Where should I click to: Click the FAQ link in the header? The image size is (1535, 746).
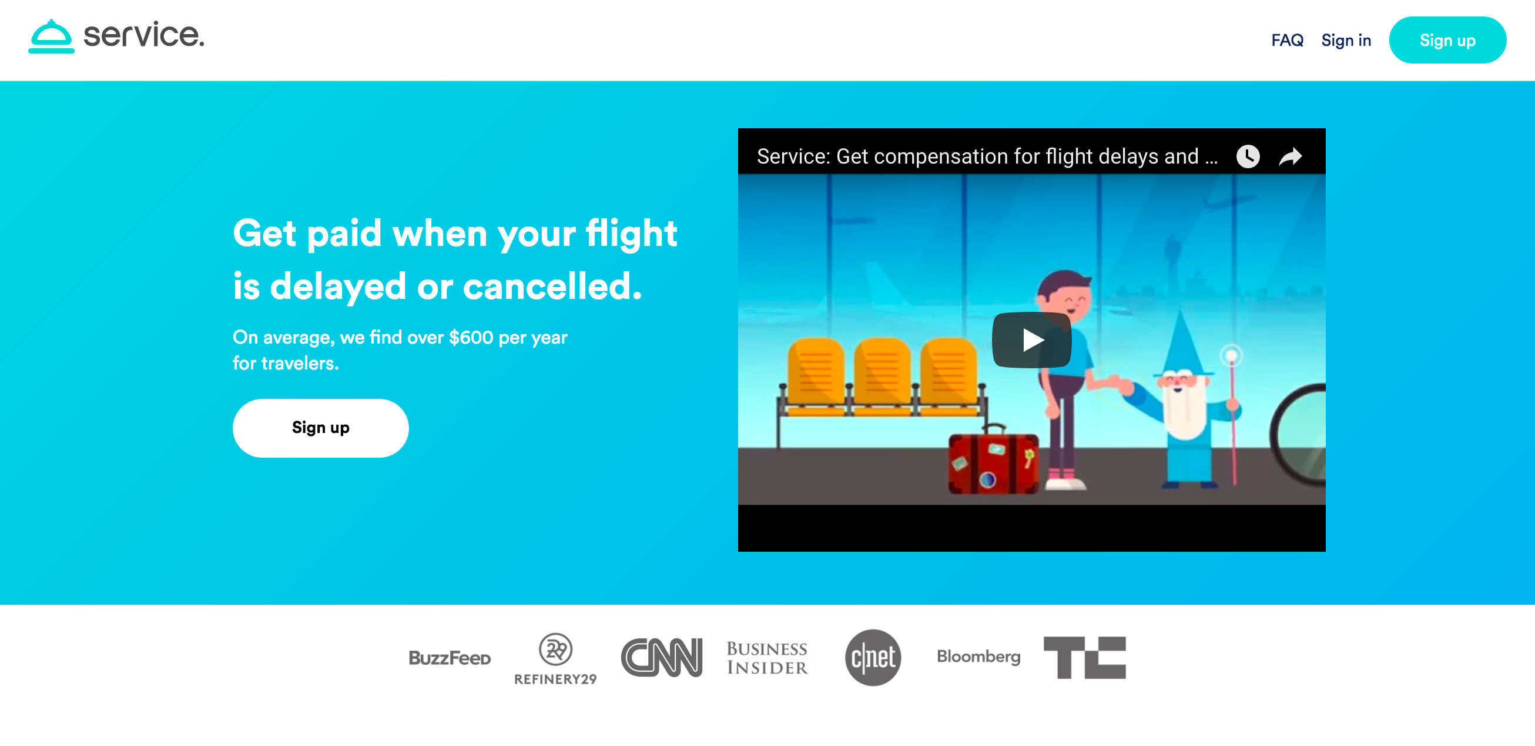pos(1287,40)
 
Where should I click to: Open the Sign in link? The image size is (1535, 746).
pos(1346,40)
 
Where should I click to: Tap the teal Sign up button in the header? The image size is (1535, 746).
pos(1447,40)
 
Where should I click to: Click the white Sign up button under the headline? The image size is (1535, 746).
pos(321,428)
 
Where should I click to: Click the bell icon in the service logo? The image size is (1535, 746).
pos(51,36)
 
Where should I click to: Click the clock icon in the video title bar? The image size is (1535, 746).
pos(1248,157)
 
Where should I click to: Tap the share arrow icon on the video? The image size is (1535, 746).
pos(1291,157)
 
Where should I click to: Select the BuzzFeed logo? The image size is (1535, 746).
pos(450,658)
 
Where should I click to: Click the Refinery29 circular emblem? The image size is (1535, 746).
pos(555,649)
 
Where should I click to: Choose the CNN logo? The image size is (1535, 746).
pos(662,657)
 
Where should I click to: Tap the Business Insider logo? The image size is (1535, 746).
pos(767,658)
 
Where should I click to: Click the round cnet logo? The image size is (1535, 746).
pos(873,658)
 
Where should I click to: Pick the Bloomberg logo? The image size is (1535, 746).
pos(978,657)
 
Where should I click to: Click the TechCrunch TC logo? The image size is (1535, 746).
pos(1084,658)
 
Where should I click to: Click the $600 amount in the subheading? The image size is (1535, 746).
pos(471,338)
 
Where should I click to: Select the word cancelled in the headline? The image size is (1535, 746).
pos(552,287)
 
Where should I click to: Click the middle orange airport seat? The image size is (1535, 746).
pos(882,376)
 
